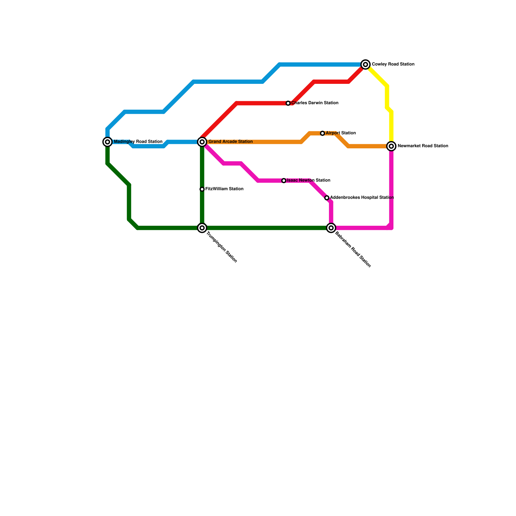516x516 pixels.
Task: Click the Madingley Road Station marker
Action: coord(107,142)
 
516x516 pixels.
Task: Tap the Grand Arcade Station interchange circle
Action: coord(202,142)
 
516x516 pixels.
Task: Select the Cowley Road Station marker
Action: coord(365,64)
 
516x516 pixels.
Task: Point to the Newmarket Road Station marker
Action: coord(391,146)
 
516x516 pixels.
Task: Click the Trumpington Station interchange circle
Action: coord(202,228)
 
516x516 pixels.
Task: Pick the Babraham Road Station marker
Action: coord(331,228)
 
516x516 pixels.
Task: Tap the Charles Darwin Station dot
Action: coord(288,103)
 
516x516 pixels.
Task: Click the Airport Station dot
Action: coord(322,133)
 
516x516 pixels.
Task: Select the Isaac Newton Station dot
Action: coord(284,181)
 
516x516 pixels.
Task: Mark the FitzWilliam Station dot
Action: coord(202,189)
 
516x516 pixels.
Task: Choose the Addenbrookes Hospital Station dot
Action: coord(327,198)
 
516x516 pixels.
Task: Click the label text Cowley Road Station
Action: coord(393,64)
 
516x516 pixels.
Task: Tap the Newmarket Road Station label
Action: coord(423,146)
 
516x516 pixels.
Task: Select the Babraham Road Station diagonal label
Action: coord(353,250)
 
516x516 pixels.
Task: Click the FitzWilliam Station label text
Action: coord(224,189)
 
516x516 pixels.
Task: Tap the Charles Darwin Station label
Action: coord(315,103)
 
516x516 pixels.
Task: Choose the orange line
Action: coord(258,142)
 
